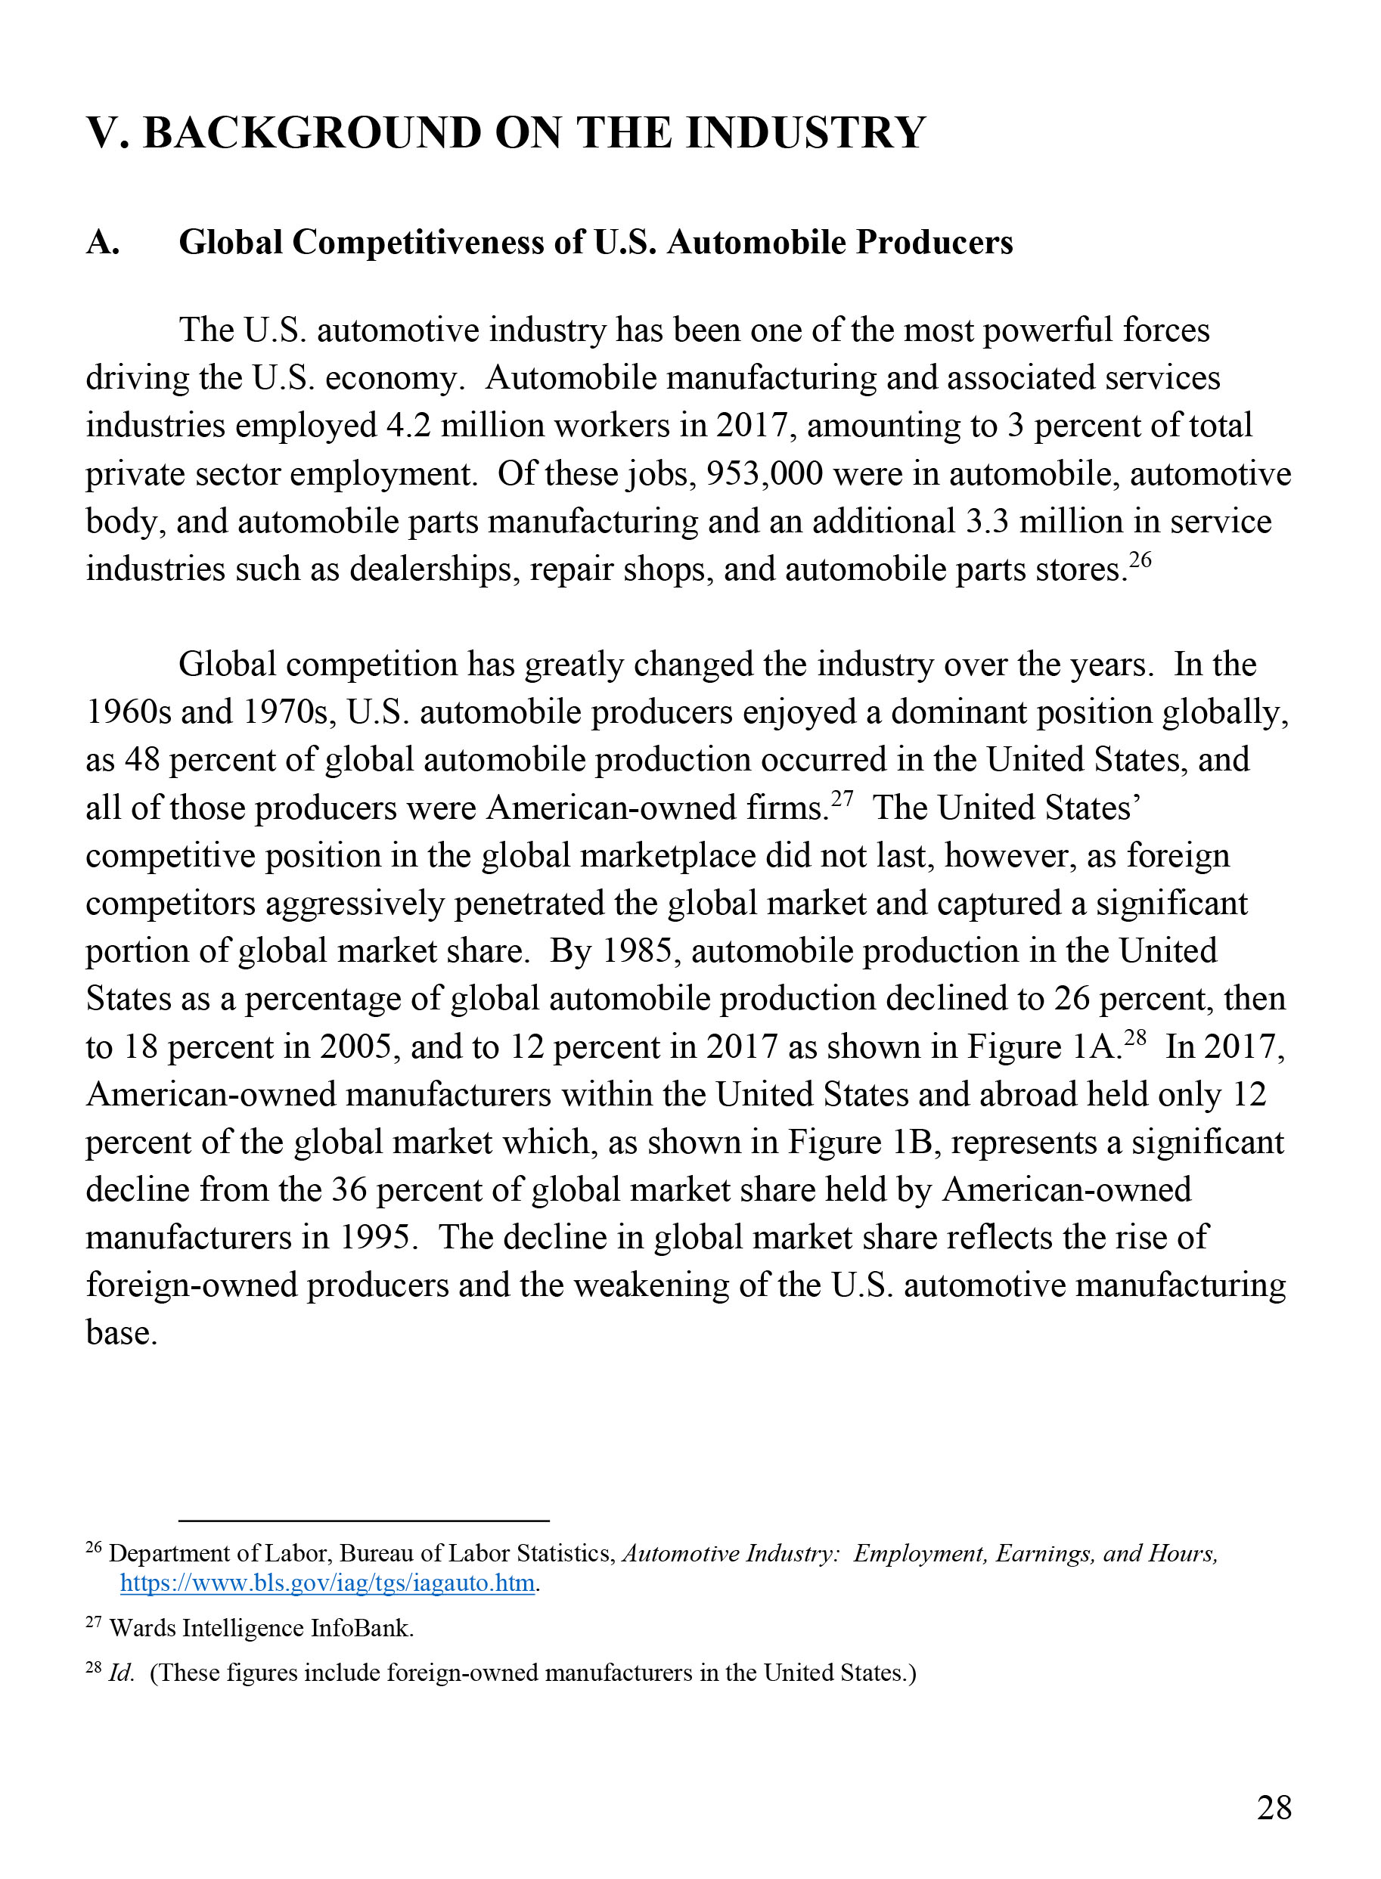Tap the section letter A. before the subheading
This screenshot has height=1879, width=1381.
click(103, 243)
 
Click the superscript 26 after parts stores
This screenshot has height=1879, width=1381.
click(1140, 560)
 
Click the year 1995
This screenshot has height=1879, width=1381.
click(378, 1239)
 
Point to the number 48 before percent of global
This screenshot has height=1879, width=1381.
click(141, 761)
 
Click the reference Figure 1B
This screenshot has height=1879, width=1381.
click(860, 1143)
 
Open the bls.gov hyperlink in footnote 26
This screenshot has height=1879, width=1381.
click(327, 1584)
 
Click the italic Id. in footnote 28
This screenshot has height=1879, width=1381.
click(121, 1673)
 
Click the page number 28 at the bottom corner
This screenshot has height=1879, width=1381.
click(1273, 1808)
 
